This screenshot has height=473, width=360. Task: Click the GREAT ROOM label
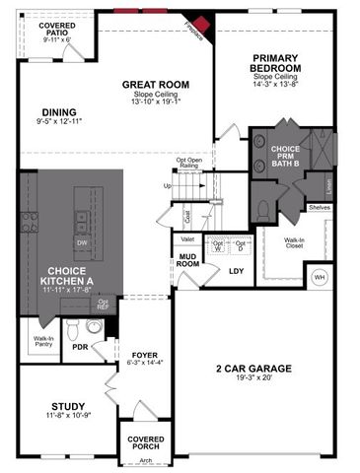(x=148, y=85)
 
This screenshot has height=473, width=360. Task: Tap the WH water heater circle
(x=319, y=278)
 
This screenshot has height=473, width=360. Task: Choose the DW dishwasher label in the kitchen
(x=82, y=241)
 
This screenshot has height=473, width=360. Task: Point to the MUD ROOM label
(x=188, y=261)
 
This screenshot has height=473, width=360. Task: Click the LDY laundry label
(x=236, y=270)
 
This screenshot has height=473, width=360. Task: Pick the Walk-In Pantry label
(x=43, y=342)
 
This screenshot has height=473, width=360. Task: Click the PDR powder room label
(x=81, y=348)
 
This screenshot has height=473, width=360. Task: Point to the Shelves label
(x=319, y=207)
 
